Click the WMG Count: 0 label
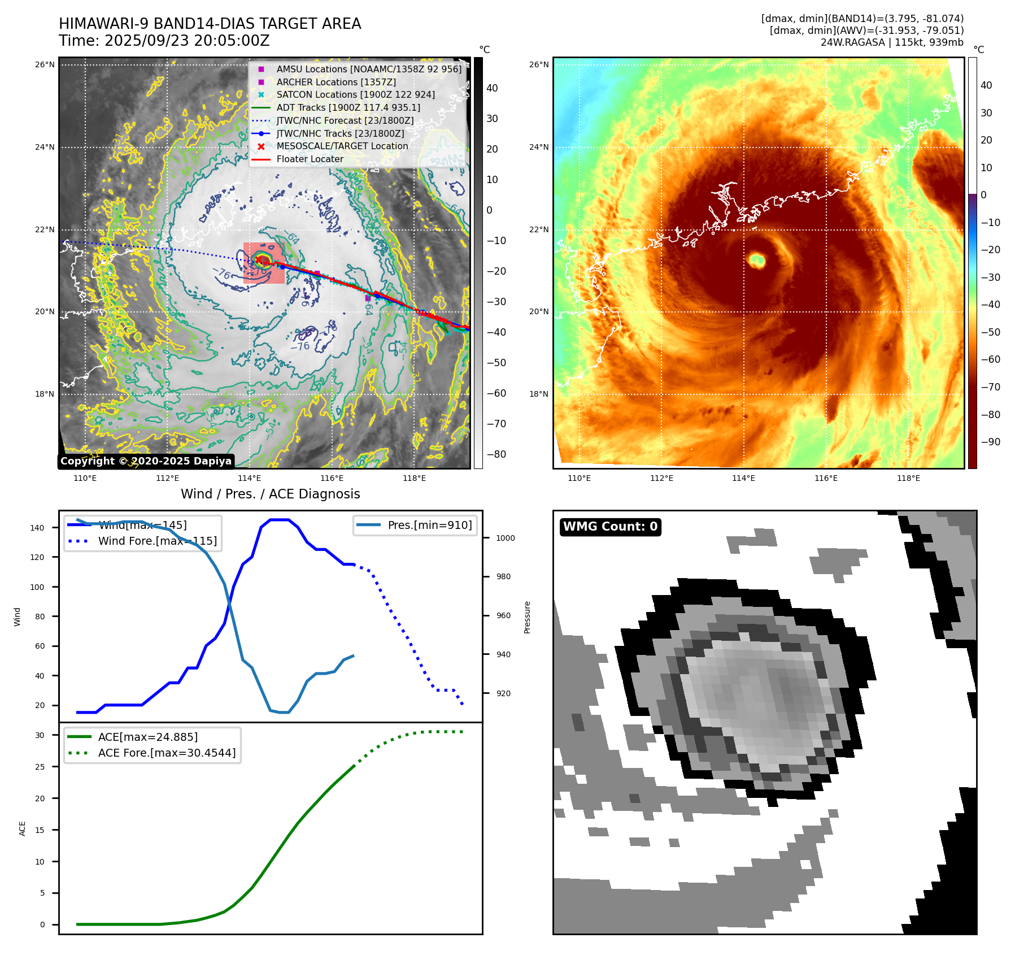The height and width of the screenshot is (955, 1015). pyautogui.click(x=610, y=527)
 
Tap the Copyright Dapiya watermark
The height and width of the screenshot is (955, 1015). pyautogui.click(x=146, y=461)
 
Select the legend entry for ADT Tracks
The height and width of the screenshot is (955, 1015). pyautogui.click(x=348, y=107)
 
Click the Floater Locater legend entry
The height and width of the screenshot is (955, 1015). pyautogui.click(x=310, y=159)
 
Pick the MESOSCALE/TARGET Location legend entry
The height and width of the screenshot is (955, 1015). pyautogui.click(x=342, y=146)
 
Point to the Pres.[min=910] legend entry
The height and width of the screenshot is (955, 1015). pyautogui.click(x=429, y=525)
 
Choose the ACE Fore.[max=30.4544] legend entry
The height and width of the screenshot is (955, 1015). pyautogui.click(x=167, y=753)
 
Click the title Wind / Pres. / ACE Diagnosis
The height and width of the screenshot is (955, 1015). pyautogui.click(x=270, y=494)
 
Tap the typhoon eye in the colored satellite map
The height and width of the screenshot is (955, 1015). pyautogui.click(x=756, y=261)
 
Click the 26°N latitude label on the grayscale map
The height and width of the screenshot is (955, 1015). pyautogui.click(x=45, y=65)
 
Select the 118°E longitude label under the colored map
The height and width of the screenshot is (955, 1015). pyautogui.click(x=908, y=478)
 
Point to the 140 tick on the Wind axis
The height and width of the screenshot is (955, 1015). pyautogui.click(x=37, y=528)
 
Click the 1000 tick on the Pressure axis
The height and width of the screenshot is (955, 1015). pyautogui.click(x=505, y=538)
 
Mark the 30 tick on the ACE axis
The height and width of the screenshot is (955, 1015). pyautogui.click(x=40, y=735)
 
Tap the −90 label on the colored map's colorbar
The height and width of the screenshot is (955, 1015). pyautogui.click(x=990, y=442)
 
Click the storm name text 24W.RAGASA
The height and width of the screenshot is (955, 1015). pyautogui.click(x=852, y=42)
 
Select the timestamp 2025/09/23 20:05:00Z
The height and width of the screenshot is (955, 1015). pyautogui.click(x=187, y=41)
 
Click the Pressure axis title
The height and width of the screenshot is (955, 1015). pyautogui.click(x=527, y=617)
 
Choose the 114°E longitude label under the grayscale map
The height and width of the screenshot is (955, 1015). pyautogui.click(x=250, y=478)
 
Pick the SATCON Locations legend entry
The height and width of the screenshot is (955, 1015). pyautogui.click(x=355, y=95)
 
